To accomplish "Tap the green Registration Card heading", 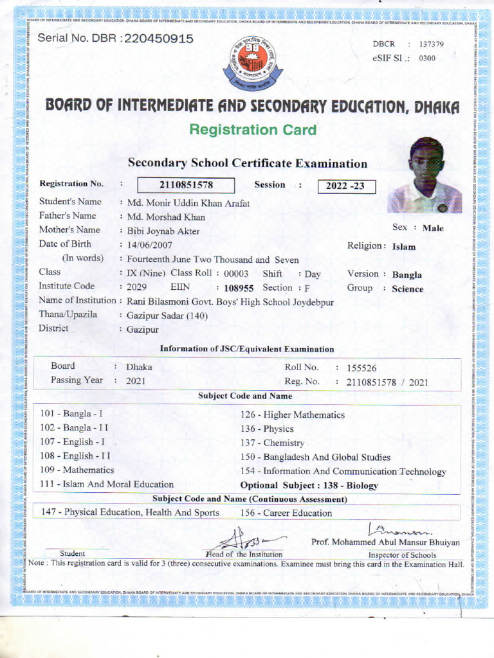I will click(x=253, y=130).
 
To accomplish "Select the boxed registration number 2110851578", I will click(x=186, y=186).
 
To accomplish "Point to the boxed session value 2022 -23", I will click(x=345, y=186).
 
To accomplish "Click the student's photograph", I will click(x=425, y=175).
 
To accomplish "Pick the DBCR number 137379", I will click(x=431, y=44).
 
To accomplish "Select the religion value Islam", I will click(x=404, y=247).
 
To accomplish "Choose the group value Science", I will click(x=408, y=289).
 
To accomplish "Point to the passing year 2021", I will click(x=136, y=381).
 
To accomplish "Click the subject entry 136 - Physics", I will click(x=266, y=429).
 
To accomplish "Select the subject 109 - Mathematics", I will click(x=77, y=470).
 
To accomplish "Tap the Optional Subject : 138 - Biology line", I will click(x=309, y=486).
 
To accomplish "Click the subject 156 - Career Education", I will click(x=286, y=513).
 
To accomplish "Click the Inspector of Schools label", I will click(x=401, y=555).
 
